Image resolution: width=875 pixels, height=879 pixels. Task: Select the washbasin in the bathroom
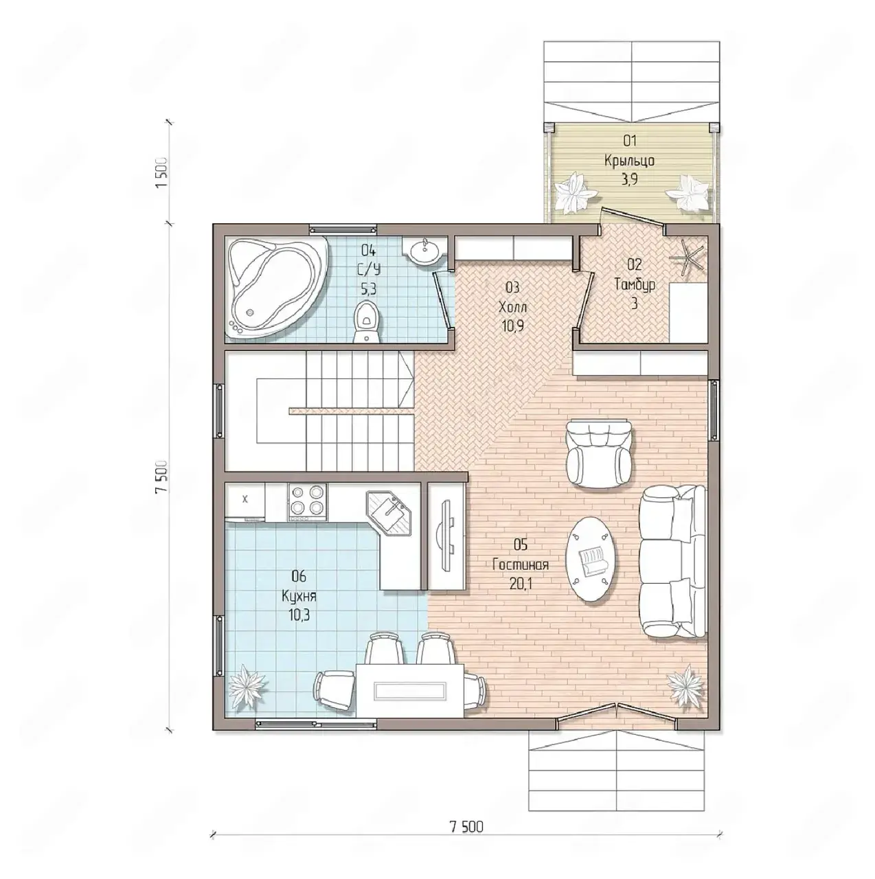click(424, 250)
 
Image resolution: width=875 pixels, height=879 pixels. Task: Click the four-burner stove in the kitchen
click(307, 502)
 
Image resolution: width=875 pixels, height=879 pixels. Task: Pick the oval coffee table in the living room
click(590, 560)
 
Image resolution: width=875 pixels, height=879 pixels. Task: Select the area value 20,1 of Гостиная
click(521, 584)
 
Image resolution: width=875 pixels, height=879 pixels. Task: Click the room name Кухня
click(299, 597)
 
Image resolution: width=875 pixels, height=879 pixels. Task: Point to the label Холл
click(513, 307)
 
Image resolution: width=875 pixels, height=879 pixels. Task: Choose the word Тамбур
click(635, 284)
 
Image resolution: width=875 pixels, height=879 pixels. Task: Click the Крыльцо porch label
click(630, 161)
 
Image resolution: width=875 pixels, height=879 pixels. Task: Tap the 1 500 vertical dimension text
click(162, 173)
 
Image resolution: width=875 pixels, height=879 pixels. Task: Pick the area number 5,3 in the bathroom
click(368, 289)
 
